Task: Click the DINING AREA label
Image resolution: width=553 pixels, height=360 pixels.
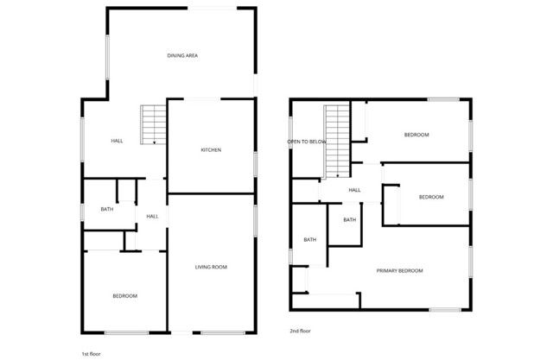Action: [x=182, y=56]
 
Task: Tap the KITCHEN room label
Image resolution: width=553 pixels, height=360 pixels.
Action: [x=211, y=150]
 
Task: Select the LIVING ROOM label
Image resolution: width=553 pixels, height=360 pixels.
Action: [x=210, y=268]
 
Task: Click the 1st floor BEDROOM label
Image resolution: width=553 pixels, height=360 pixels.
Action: [x=124, y=296]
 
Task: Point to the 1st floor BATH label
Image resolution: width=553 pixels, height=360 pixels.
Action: [x=106, y=209]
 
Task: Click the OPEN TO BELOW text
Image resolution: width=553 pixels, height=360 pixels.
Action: [x=307, y=141]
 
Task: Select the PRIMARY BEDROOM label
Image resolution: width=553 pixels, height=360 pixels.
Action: [x=400, y=271]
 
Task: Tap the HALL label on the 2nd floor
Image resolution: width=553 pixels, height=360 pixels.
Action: [x=354, y=191]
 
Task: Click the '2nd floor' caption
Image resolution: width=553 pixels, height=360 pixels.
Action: [x=300, y=331]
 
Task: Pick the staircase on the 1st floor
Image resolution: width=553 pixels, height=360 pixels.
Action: [x=153, y=123]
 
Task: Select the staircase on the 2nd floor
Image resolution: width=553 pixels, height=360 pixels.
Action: [x=335, y=141]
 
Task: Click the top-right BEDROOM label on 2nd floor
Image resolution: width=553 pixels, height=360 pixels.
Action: [x=416, y=136]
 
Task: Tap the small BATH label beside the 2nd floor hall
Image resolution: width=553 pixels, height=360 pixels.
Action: [x=349, y=220]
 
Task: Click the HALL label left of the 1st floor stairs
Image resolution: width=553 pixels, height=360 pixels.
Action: [x=117, y=141]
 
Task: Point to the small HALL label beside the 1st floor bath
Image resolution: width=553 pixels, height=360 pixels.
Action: [x=152, y=216]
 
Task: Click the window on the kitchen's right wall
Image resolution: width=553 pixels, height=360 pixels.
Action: [x=256, y=164]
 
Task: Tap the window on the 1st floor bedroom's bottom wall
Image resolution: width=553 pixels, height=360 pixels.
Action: [x=125, y=333]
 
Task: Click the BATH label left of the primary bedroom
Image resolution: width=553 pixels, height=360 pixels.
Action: [x=309, y=240]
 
